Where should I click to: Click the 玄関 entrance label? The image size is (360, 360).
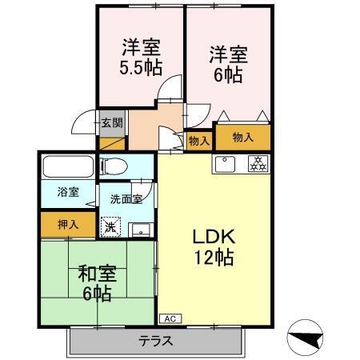(112, 123)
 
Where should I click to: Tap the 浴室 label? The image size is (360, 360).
(68, 192)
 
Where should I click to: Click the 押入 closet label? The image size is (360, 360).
(68, 224)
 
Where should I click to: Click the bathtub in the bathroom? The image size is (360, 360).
(70, 167)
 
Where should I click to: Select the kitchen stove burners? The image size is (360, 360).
(258, 164)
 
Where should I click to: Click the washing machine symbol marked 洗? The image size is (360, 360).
(111, 227)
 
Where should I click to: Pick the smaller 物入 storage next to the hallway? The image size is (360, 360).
(198, 140)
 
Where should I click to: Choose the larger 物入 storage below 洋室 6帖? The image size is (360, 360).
(242, 138)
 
